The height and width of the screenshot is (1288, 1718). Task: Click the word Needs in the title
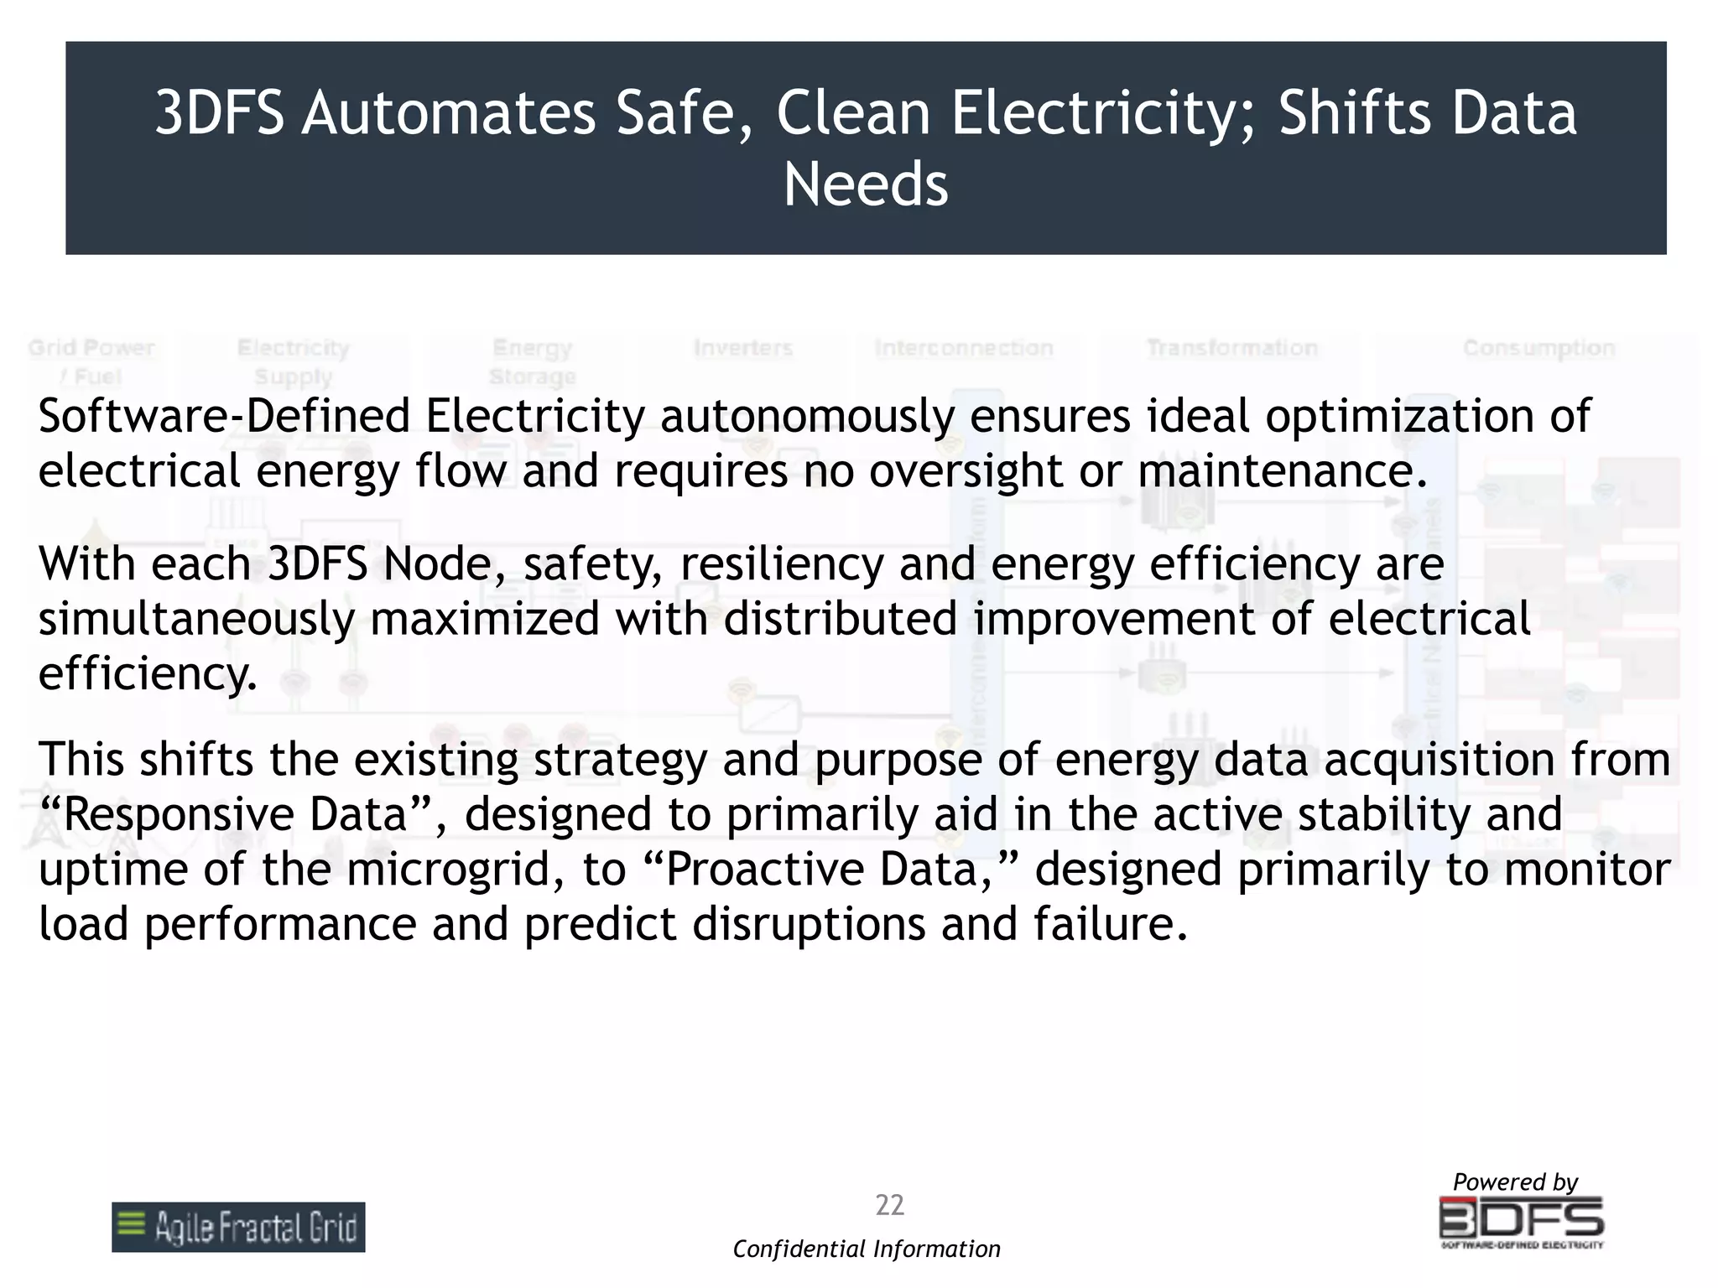[x=866, y=184]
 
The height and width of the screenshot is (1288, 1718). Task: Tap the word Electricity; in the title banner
[x=1100, y=114]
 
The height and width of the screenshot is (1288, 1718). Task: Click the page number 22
[x=889, y=1205]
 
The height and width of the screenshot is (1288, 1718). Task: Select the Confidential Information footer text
[x=867, y=1249]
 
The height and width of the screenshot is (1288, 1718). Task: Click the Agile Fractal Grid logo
[x=238, y=1227]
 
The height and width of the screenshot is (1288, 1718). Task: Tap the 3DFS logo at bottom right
[x=1521, y=1222]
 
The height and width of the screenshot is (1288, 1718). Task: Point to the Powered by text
[x=1515, y=1182]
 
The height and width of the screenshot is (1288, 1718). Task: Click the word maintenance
[x=1282, y=470]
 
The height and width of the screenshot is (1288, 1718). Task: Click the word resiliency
[x=782, y=564]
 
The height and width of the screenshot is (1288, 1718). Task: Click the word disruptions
[x=809, y=924]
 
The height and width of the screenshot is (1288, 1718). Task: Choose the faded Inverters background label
[x=743, y=348]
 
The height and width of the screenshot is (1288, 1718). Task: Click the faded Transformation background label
[x=1231, y=348]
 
